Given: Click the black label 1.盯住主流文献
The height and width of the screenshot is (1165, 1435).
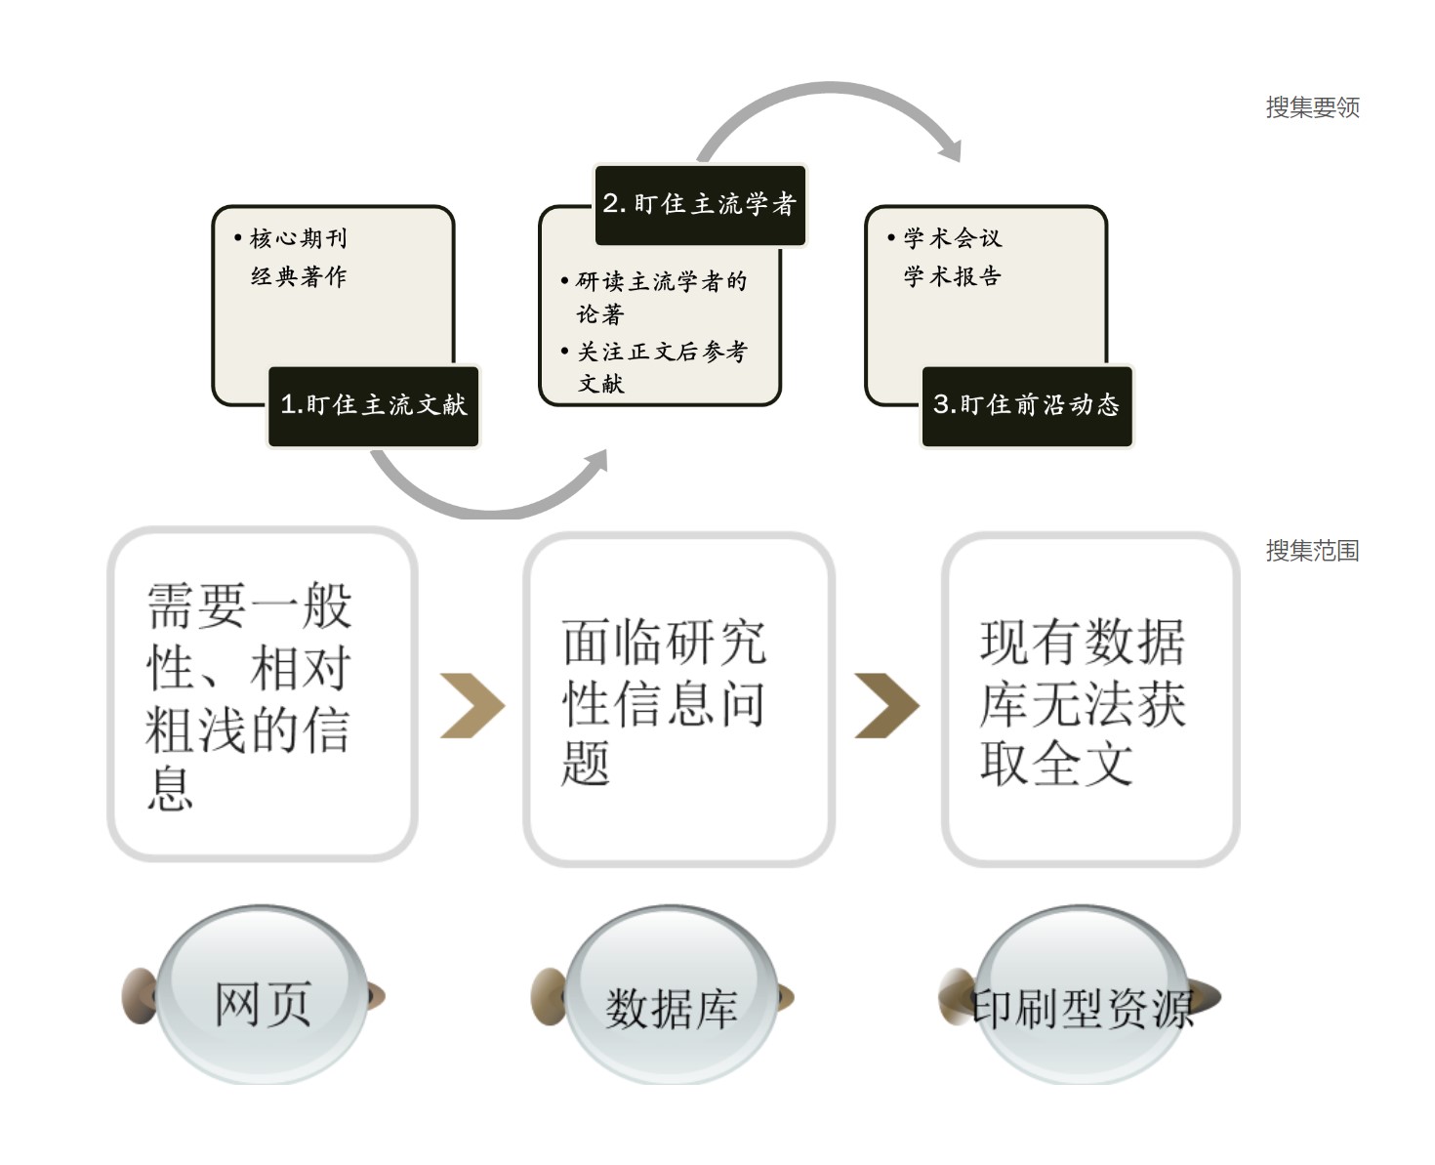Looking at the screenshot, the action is point(374,406).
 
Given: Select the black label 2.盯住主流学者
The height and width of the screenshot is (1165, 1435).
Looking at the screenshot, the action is point(700,204).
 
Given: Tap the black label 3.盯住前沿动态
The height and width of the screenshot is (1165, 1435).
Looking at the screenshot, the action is point(1027,406).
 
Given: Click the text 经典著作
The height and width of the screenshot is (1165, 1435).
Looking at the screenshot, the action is point(298,276).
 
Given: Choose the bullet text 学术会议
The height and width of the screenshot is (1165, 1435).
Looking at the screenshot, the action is point(952,238).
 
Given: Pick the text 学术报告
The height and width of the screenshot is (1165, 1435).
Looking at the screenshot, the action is point(952,276).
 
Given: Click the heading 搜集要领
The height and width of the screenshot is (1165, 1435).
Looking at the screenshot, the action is point(1312,107).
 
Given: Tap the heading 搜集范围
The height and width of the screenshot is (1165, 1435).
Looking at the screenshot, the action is point(1312,551).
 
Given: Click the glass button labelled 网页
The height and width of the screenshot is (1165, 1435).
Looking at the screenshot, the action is point(262,1001).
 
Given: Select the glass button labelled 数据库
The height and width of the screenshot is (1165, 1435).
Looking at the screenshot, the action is point(672,1006).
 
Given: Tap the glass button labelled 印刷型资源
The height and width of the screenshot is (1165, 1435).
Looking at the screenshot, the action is point(1082,1006).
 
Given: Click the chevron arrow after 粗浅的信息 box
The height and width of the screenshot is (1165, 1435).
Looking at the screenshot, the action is point(472,705).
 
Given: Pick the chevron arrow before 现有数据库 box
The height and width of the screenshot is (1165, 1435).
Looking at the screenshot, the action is point(886,705).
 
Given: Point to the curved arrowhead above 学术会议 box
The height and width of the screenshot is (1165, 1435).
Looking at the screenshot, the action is point(950,148).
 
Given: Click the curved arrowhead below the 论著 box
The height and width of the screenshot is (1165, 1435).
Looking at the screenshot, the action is point(594,463).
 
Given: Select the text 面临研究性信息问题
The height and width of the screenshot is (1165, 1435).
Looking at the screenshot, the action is point(664,701).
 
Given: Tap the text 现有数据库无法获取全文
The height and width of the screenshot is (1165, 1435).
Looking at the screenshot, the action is point(1082,701).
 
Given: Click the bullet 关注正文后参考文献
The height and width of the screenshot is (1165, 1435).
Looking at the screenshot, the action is point(661,367).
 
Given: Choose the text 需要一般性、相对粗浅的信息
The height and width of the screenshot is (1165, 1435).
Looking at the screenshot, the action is point(249,695).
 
